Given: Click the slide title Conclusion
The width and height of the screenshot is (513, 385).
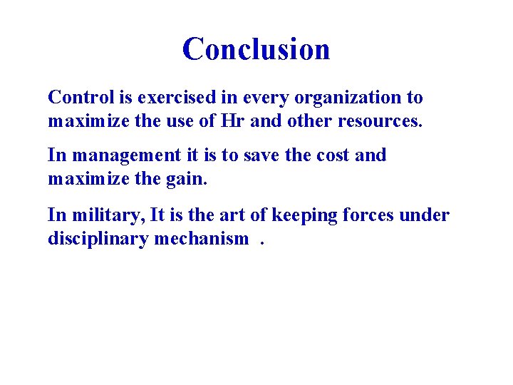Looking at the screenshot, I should coord(256,49).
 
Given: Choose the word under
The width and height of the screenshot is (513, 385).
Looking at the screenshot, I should coord(427,215).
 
